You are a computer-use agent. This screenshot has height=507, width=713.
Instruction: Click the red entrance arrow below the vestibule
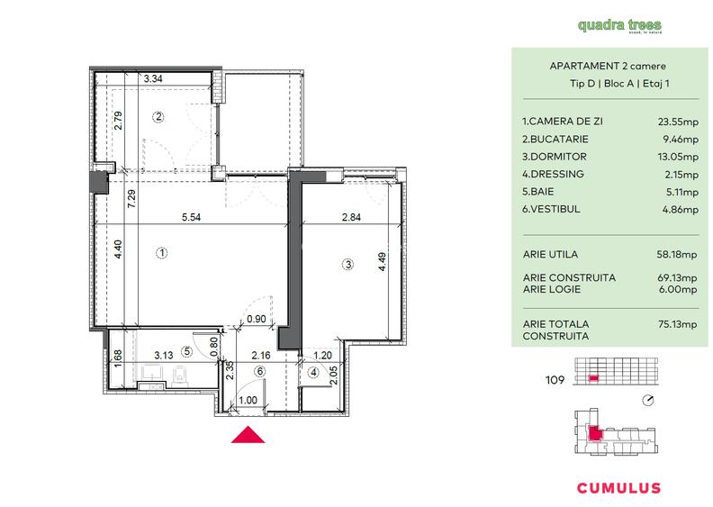tap(248, 436)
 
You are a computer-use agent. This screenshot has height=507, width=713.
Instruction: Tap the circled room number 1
tap(160, 253)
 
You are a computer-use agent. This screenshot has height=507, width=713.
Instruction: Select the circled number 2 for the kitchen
tap(158, 116)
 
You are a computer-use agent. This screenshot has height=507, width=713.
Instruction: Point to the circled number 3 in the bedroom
tap(347, 264)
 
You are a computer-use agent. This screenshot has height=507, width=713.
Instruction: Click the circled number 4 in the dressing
tap(313, 373)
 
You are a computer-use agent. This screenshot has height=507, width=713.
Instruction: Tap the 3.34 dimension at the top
tap(153, 80)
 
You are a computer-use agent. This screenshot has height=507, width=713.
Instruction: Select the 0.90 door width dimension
tap(257, 318)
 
